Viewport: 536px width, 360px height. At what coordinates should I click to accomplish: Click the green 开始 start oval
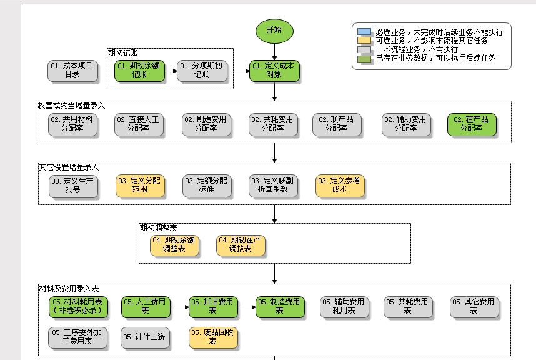(x=274, y=30)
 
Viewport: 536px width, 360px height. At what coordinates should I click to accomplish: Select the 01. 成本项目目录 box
(x=73, y=70)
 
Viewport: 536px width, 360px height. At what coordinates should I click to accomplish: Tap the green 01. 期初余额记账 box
(x=139, y=70)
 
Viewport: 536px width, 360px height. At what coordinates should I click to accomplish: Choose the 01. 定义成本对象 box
(x=274, y=70)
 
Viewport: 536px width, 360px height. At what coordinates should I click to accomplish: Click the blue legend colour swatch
(x=364, y=32)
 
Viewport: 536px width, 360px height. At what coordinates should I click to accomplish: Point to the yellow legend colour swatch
(x=364, y=41)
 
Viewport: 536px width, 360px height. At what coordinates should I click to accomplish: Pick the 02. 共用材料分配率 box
(x=73, y=124)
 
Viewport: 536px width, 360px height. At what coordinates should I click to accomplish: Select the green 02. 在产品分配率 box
(x=472, y=124)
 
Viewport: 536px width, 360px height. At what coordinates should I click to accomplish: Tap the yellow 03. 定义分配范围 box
(x=139, y=185)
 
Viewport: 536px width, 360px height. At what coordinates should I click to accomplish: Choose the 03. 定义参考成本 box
(x=339, y=185)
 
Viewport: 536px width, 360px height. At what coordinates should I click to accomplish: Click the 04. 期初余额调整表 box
(x=174, y=244)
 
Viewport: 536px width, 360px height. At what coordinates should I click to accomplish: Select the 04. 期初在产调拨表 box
(x=241, y=244)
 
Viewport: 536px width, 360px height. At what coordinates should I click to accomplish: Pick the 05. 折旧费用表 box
(x=213, y=306)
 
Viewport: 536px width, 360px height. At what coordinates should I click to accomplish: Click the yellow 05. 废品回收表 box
(x=213, y=337)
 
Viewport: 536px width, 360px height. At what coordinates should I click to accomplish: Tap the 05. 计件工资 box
(x=144, y=337)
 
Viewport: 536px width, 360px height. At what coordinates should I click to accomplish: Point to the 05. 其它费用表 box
(x=474, y=306)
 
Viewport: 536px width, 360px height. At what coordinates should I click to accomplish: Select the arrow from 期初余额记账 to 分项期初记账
(x=171, y=70)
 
